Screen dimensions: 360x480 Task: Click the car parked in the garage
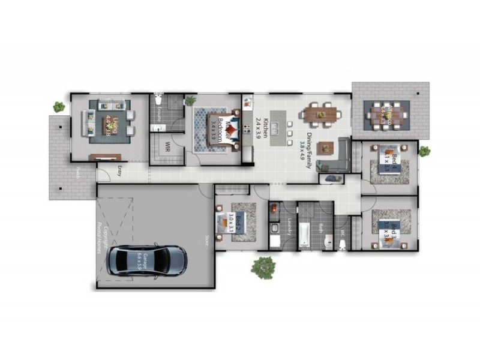147,260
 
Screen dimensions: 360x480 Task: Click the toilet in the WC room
343,244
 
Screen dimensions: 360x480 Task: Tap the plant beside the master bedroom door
191,100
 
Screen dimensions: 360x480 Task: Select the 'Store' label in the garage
206,239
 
